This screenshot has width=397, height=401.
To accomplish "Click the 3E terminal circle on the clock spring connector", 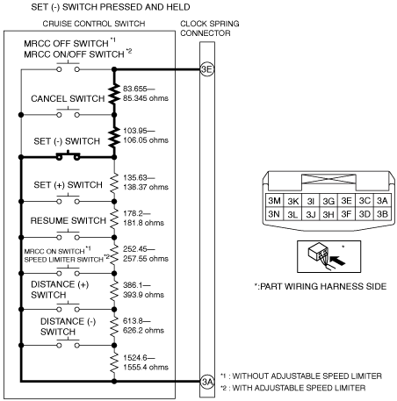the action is click(207, 69).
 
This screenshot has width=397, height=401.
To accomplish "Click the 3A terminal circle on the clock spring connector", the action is click(207, 382).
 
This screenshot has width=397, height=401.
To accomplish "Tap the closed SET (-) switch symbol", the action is click(68, 156).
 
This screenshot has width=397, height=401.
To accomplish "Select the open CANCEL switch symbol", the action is click(68, 112).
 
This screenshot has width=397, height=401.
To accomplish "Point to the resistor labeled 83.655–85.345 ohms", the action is click(114, 94).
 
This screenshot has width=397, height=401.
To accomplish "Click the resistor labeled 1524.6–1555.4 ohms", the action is click(114, 363).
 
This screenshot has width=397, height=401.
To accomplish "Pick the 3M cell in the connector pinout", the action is click(274, 201).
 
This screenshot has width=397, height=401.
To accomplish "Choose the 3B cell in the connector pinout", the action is click(382, 214).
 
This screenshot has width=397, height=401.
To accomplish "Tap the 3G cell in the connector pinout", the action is click(328, 201).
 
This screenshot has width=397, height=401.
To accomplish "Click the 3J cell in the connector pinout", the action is click(311, 214).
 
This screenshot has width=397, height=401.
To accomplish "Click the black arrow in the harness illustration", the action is click(337, 260).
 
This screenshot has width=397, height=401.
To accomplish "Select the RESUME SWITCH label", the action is click(69, 220).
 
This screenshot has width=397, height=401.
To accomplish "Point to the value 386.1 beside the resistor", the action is click(134, 285).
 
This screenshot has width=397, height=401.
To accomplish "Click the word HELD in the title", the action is click(178, 7).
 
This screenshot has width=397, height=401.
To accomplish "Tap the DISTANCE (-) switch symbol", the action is click(68, 343).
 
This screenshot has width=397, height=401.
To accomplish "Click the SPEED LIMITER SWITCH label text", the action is click(63, 260).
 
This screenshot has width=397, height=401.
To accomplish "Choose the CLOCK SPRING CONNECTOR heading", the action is click(210, 28).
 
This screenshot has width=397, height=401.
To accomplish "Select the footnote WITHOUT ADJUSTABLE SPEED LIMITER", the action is click(307, 376).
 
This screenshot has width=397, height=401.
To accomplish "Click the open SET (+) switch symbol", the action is click(68, 199).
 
